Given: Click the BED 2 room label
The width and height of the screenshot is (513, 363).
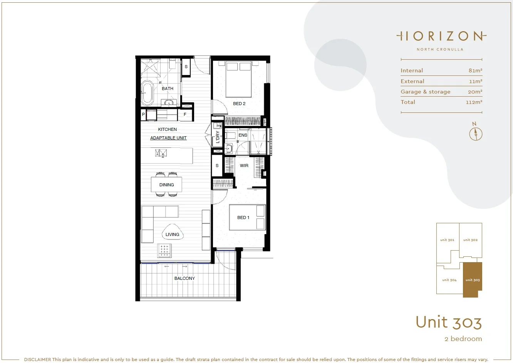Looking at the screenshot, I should click(239, 104).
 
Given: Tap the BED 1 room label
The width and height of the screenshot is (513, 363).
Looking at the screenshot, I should click(243, 217).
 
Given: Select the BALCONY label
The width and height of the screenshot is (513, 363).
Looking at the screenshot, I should click(184, 278).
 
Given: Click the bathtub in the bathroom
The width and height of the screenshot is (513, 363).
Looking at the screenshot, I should click(147, 93).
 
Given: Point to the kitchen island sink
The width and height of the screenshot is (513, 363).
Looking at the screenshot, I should click(161, 154).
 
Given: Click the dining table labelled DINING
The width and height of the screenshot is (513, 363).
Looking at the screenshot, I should click(166, 185).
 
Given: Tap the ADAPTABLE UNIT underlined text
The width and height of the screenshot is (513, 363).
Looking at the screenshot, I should click(168, 138).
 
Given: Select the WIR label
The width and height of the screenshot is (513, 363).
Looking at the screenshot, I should click(244, 166).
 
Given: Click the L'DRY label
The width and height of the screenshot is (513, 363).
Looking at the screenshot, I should click(218, 137).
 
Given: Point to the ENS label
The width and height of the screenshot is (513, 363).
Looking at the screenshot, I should click(243, 135).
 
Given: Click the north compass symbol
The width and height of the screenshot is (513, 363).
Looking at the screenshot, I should click(476, 133).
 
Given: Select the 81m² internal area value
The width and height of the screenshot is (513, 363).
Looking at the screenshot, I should click(475, 70).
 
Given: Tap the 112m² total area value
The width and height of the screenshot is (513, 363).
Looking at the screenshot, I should click(474, 102).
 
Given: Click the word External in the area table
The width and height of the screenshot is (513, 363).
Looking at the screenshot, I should click(412, 81).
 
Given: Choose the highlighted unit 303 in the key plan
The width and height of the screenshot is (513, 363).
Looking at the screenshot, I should click(472, 280).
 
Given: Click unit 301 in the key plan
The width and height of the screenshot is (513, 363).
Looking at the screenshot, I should click(447, 240).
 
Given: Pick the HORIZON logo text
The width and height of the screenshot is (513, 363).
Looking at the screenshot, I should click(441, 37).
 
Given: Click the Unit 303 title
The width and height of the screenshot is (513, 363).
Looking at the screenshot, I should click(448, 322).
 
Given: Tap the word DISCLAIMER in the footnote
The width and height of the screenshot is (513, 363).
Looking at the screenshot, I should click(37, 360).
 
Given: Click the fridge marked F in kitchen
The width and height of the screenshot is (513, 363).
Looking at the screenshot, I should click(185, 114).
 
